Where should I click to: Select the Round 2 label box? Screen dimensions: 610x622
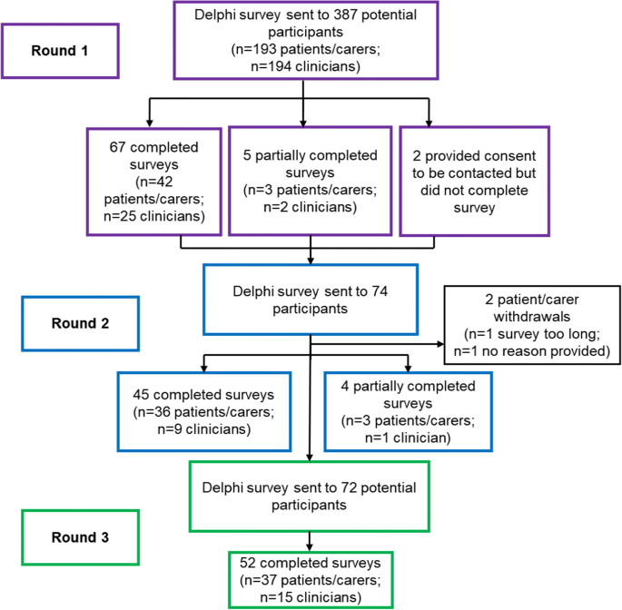point(61,323)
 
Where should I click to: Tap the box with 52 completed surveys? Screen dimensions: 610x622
point(310,579)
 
